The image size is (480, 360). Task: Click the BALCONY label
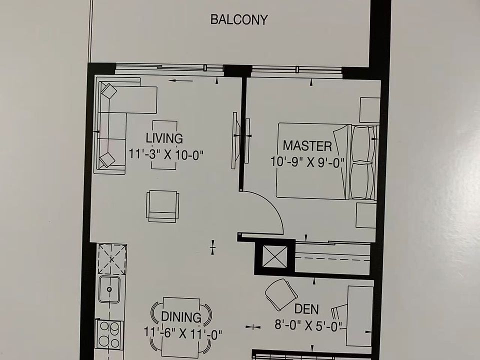pos(239,20)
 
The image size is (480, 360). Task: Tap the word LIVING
pos(164,138)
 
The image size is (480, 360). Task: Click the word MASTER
pos(307,146)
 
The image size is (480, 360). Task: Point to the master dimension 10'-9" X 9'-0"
pos(308,162)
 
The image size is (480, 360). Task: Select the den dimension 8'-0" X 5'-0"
pos(308,325)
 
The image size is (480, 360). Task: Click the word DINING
pos(180,317)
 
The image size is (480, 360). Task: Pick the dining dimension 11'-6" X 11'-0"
pos(182,333)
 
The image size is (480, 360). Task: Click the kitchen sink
pos(109,289)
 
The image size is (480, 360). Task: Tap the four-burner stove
pos(109,333)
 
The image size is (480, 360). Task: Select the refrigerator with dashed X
pos(111,259)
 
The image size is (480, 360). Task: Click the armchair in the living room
pos(162,206)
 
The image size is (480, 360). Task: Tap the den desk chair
pos(280,293)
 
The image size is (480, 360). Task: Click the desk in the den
pos(359,315)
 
